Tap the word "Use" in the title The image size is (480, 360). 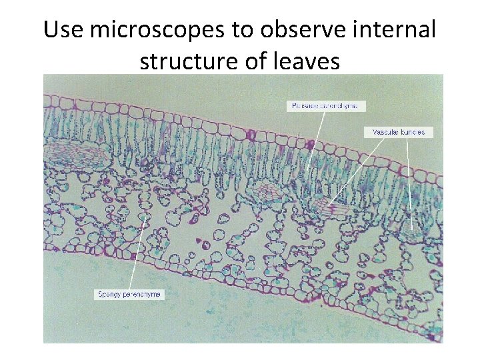(63, 31)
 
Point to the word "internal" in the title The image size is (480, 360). (399, 31)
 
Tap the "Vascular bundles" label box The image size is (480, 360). (398, 132)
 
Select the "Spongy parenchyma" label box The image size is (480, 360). (129, 294)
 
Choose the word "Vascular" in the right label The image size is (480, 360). (385, 132)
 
